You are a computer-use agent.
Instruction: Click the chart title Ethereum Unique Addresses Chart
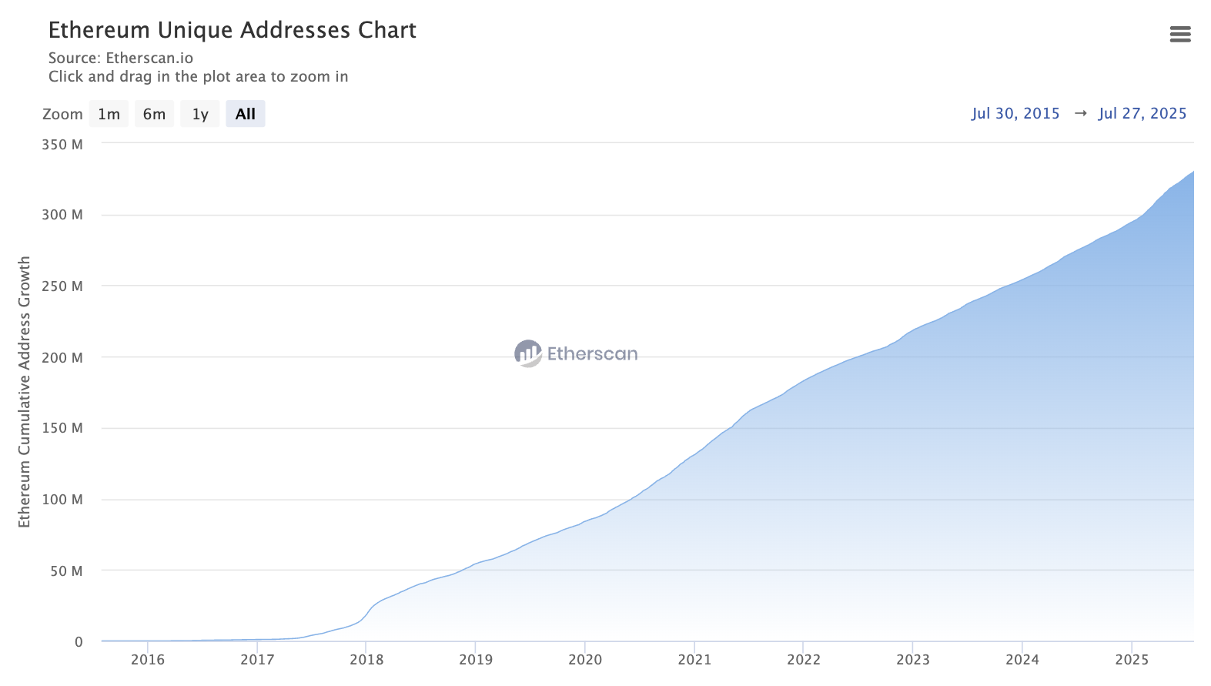(232, 30)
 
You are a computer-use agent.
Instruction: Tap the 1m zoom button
(109, 114)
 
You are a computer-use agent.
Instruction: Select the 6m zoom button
(154, 114)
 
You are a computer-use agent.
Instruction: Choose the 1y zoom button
(200, 114)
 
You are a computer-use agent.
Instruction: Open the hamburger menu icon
(1179, 34)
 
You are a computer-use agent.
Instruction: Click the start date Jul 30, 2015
(1015, 113)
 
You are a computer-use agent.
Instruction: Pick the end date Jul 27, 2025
(1142, 113)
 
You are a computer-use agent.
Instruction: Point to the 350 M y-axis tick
(62, 144)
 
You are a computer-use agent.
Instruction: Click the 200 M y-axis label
(62, 357)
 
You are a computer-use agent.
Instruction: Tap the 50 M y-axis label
(66, 571)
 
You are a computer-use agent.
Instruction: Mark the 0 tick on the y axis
(79, 642)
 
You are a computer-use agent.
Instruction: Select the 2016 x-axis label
(148, 660)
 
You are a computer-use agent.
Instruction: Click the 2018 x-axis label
(366, 660)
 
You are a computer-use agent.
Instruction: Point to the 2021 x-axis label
(694, 660)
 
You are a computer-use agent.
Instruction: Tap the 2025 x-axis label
(1132, 660)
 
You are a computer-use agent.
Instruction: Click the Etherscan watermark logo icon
(528, 353)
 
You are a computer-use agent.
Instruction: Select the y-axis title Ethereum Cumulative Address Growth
(25, 392)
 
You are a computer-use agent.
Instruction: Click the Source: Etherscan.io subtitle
(121, 58)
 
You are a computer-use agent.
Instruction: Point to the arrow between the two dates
(1080, 113)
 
